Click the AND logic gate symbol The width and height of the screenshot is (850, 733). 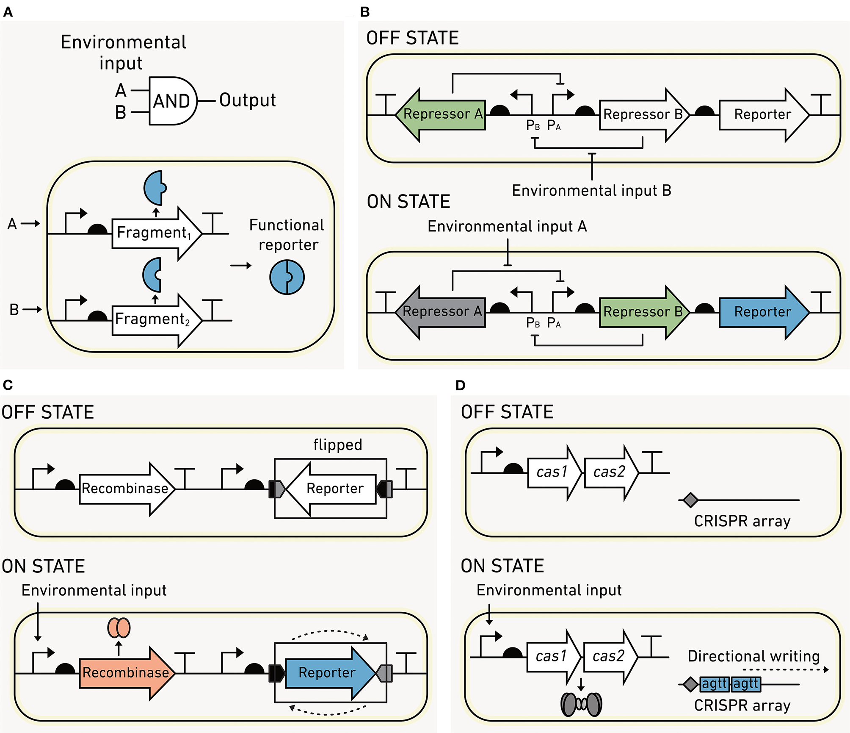pyautogui.click(x=172, y=101)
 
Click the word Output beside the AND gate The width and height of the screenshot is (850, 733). pyautogui.click(x=248, y=100)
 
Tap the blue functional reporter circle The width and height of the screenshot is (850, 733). pyautogui.click(x=287, y=277)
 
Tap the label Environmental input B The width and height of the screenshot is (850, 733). pyautogui.click(x=591, y=191)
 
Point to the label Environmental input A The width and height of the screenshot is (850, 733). pyautogui.click(x=507, y=226)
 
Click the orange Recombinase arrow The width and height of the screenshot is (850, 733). pyautogui.click(x=126, y=673)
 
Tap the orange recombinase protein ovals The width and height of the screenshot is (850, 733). pyautogui.click(x=119, y=627)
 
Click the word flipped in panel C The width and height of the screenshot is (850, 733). pyautogui.click(x=337, y=445)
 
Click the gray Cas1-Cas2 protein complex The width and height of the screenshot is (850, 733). pyautogui.click(x=581, y=704)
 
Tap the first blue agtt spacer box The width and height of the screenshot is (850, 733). pyautogui.click(x=715, y=684)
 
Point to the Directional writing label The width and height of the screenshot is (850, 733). pyautogui.click(x=753, y=656)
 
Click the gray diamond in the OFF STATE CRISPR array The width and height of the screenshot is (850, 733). pyautogui.click(x=690, y=500)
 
